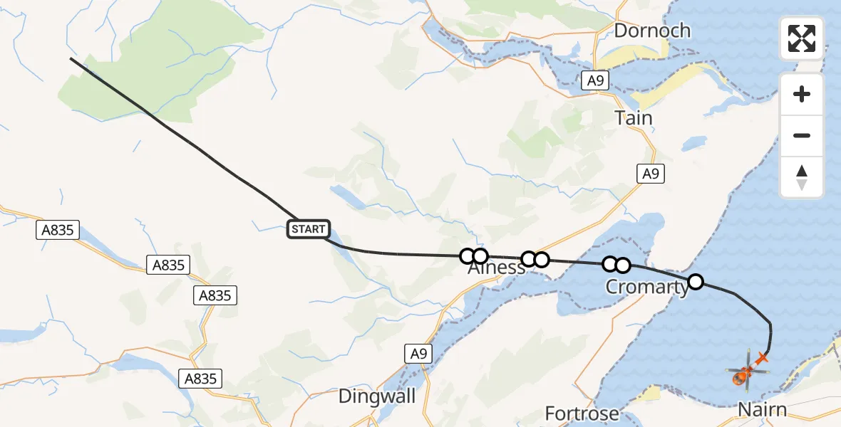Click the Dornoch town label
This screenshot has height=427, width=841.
652,31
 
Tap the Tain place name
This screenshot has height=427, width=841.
634,117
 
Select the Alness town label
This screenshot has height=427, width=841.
497,270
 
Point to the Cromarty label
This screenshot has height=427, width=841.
647,287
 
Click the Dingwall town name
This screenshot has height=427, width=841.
377,396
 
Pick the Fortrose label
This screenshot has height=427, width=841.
582,413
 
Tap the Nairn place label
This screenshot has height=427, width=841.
762,410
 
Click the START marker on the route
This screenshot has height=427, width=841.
309,229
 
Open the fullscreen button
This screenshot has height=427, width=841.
802,38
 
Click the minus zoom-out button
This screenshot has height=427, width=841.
802,136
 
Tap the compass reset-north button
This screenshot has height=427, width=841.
802,177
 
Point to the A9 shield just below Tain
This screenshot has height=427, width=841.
650,173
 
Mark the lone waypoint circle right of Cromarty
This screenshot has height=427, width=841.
696,282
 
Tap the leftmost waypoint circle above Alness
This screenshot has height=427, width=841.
468,256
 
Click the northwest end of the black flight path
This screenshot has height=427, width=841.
71,58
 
